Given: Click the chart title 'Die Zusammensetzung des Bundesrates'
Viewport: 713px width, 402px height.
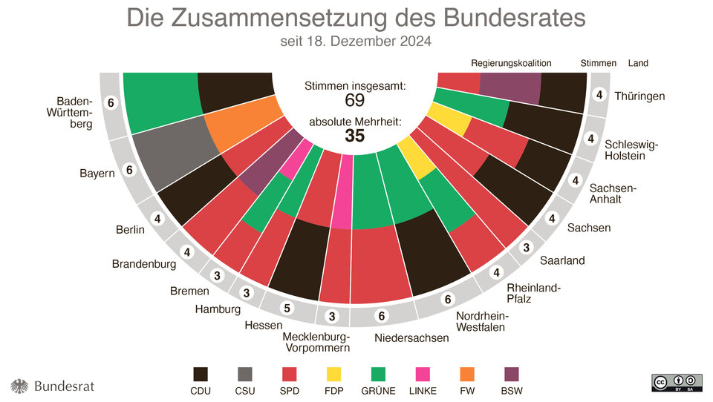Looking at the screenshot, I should [356, 18].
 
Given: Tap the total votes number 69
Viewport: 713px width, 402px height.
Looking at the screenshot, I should [355, 100].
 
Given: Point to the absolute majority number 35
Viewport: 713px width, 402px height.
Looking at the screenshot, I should [355, 135].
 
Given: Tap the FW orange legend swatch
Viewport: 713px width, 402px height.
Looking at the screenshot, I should [468, 374].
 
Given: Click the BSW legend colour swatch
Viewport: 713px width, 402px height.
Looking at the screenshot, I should [512, 374].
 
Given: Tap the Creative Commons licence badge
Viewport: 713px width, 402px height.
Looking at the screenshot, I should [677, 382].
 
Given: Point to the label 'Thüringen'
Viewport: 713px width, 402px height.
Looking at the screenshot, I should [639, 96].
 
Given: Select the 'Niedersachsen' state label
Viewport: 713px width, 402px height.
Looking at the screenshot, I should [412, 338].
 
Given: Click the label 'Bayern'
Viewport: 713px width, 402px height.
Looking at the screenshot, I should [97, 174].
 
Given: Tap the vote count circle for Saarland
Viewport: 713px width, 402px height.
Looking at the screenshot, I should [526, 247].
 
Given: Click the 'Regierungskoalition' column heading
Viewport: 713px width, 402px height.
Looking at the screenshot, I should [511, 63].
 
